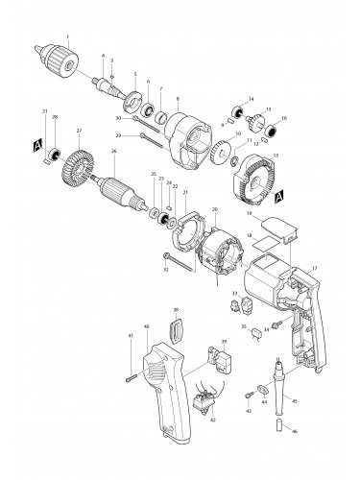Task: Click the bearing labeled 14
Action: coord(234,107)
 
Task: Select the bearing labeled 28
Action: coord(55,154)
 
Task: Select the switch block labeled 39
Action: coord(228,363)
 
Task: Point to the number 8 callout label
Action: coord(178,99)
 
